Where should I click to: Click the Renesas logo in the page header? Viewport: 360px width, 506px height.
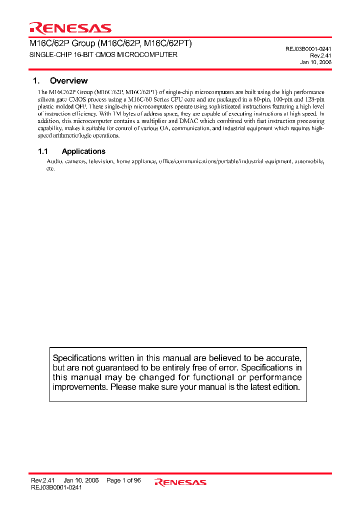pos(70,28)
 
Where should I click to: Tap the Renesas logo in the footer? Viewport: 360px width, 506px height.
pos(180,482)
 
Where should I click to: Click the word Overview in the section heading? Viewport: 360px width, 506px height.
pos(68,80)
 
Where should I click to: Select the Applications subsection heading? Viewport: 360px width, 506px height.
pos(83,151)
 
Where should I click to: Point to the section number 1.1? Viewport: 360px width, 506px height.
pos(43,151)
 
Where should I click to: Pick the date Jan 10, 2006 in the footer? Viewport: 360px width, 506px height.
pos(81,480)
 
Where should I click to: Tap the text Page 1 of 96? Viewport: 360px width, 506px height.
pos(123,480)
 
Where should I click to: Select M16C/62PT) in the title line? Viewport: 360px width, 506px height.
pos(168,43)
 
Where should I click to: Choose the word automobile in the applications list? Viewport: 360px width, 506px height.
pos(309,161)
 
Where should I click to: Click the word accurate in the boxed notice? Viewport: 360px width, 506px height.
pos(283,358)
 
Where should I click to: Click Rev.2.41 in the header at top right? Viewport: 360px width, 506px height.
pos(320,55)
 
